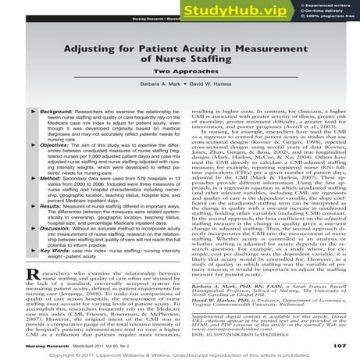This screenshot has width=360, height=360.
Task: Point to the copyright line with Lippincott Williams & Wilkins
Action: pyautogui.click(x=180, y=353)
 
